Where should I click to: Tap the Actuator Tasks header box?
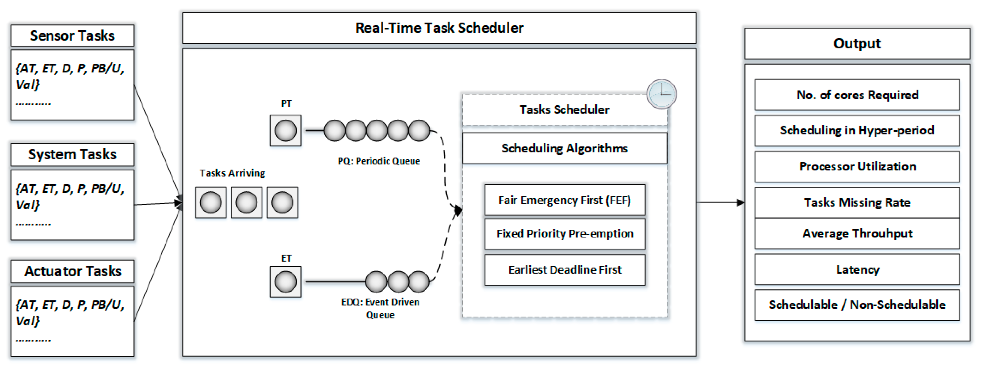pos(72,271)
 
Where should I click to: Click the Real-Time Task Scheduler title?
pos(439,28)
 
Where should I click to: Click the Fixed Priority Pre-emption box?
pos(565,233)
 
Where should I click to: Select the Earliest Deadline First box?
pos(565,270)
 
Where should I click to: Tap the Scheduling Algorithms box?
pos(565,148)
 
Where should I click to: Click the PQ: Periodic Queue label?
pos(379,161)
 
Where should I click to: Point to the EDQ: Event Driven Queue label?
pos(380,308)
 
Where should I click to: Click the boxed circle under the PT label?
pos(286,131)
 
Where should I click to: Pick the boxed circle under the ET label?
pos(286,282)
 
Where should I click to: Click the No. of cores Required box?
pos(857,95)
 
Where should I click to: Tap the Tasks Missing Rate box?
pos(857,202)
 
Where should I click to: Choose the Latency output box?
pos(857,270)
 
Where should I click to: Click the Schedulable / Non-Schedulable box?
pos(857,305)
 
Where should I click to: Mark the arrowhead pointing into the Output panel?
pos(740,203)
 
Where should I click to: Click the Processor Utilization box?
pos(857,166)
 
